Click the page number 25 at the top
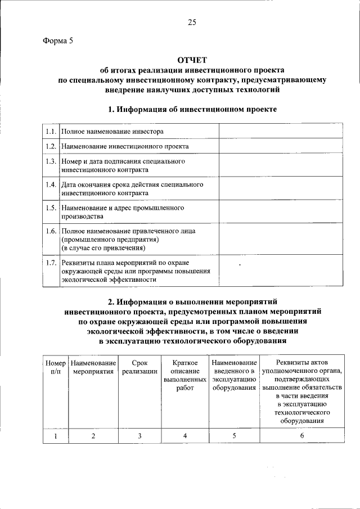point(192,22)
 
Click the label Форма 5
point(58,40)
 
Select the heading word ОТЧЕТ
point(192,60)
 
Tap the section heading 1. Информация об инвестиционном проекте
point(192,109)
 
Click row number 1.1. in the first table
point(51,132)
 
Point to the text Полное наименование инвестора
point(112,132)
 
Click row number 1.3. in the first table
point(51,161)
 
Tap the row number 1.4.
point(51,184)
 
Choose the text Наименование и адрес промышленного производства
point(123,212)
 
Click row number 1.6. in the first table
point(51,231)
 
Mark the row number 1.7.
point(51,263)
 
